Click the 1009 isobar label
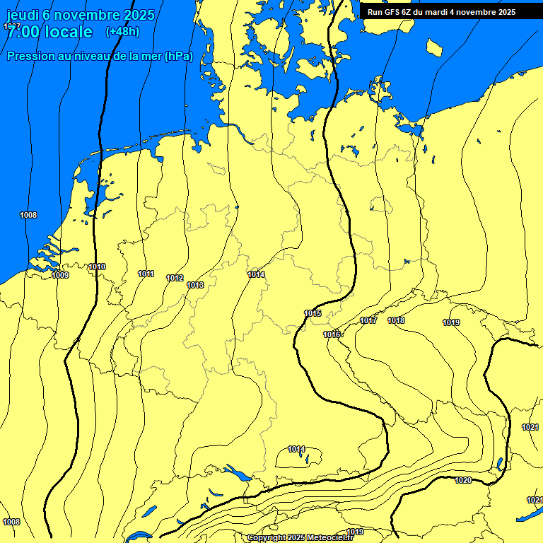click(x=60, y=275)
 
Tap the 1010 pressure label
click(x=97, y=267)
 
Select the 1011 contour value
click(x=146, y=274)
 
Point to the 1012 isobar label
click(x=175, y=278)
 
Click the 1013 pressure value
click(x=195, y=285)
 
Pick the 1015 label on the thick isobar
click(x=313, y=313)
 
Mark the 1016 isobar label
click(x=332, y=334)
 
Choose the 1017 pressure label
click(x=368, y=320)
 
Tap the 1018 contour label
click(x=396, y=320)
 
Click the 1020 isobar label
click(x=463, y=480)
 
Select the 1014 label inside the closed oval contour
click(x=296, y=449)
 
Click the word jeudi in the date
click(x=23, y=15)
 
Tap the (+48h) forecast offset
click(x=122, y=32)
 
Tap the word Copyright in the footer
click(x=267, y=538)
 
